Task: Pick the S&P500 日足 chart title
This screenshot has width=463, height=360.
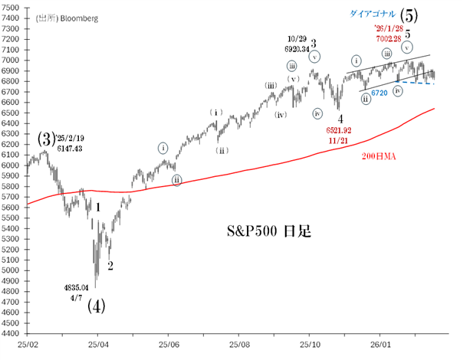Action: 267,231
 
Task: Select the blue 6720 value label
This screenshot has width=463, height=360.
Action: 379,93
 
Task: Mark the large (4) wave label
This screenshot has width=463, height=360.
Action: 96,306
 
